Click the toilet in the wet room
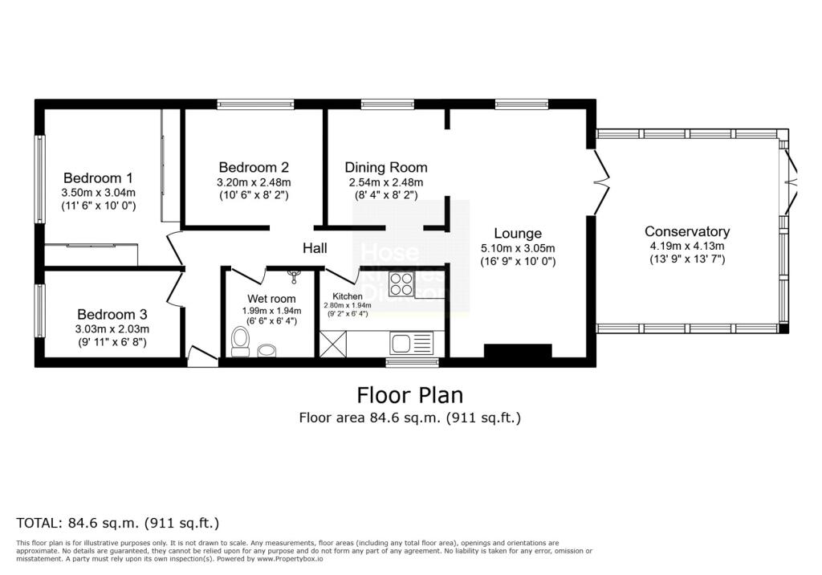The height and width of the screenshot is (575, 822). click(x=239, y=341)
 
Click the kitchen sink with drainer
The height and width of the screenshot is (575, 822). click(x=411, y=343)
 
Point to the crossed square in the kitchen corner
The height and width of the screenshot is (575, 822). click(x=332, y=345)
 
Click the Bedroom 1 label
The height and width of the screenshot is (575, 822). click(x=98, y=177)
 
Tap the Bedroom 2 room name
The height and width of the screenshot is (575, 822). click(x=254, y=167)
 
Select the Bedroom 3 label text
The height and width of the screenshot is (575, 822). click(x=112, y=314)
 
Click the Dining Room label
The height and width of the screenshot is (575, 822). click(x=386, y=167)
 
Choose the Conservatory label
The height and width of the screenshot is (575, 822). click(x=687, y=231)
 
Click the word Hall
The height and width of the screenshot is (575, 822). click(x=315, y=249)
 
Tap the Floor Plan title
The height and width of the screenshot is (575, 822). click(x=410, y=395)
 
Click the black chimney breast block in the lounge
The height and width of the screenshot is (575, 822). click(x=518, y=352)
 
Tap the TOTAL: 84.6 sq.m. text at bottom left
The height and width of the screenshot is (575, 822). click(x=118, y=523)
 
